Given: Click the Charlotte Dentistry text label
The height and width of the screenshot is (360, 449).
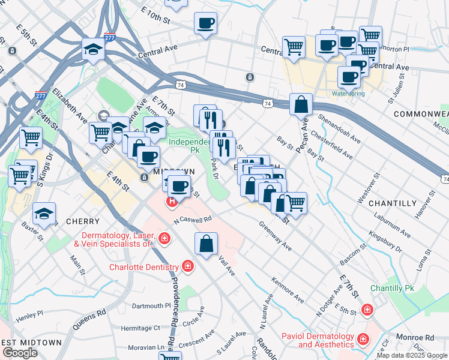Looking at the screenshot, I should coord(143,267).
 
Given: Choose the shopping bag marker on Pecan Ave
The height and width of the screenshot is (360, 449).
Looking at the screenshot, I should coord(301,104).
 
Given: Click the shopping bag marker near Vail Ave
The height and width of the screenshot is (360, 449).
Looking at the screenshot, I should coord(206,244).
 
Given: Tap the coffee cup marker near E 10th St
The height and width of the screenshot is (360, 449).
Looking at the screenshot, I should coord(206,23).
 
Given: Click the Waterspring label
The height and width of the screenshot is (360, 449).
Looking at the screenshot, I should coord(348,94).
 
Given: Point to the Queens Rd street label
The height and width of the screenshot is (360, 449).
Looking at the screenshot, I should coord(89,318).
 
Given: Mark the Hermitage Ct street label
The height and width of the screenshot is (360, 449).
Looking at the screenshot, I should coord(140,328).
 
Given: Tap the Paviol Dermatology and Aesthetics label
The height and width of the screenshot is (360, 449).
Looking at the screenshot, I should coord(318,340).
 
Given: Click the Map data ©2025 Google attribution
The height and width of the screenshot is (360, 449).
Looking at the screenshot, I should coord(412,355).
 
